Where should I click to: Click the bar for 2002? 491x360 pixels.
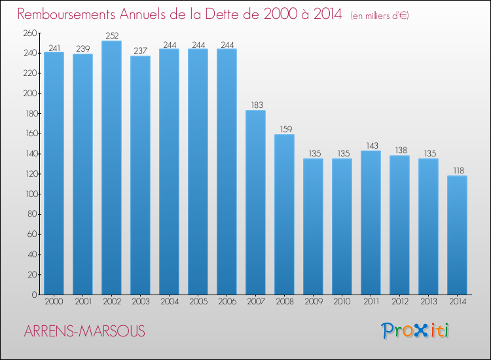coord(111,168)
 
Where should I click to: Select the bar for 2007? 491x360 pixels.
coord(255,202)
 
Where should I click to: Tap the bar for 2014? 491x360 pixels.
coord(457,235)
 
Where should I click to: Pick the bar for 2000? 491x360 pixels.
coord(54,173)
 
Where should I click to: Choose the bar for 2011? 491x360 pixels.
coord(371,223)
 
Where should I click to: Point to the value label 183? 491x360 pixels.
coord(255,105)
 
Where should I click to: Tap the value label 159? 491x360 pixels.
coord(284,130)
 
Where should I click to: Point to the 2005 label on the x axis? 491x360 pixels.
coord(198,301)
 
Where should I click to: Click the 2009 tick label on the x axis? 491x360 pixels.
coord(313,301)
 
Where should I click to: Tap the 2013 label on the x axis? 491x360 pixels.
coord(428,301)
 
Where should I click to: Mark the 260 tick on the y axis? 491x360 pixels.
coord(29,33)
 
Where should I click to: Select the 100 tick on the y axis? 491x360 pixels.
coord(29,194)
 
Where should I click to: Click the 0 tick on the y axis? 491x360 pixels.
coord(33,295)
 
